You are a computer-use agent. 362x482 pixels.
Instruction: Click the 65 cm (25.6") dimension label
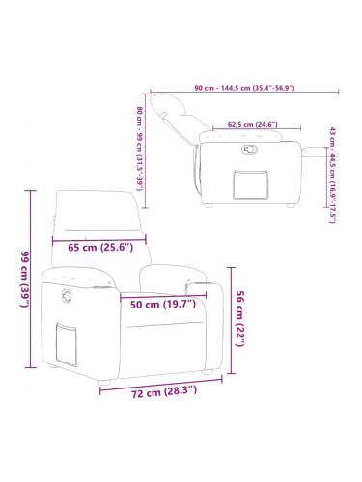(x=100, y=247)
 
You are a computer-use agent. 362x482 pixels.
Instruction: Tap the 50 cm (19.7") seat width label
(x=163, y=304)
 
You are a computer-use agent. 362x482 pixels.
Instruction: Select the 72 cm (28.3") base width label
(x=164, y=392)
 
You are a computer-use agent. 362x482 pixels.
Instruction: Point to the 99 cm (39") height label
(x=25, y=279)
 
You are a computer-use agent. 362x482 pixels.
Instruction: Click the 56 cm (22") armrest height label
(x=240, y=318)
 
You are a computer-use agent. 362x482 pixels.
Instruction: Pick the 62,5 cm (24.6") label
(x=253, y=124)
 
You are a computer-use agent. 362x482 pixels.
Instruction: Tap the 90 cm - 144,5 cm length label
(x=244, y=88)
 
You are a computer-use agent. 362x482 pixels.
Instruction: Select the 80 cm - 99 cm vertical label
(x=139, y=148)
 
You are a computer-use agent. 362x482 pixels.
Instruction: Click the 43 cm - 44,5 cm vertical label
(x=332, y=175)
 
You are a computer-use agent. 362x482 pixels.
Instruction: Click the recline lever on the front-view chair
(x=68, y=296)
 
